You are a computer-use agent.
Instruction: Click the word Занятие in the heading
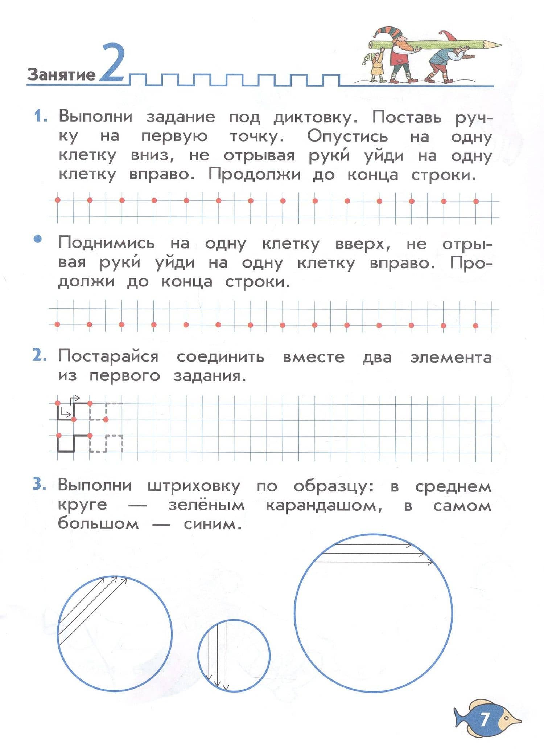[61, 74]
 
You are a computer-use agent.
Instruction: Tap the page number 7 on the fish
[485, 719]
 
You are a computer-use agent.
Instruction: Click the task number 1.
[40, 117]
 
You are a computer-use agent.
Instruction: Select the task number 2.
[39, 356]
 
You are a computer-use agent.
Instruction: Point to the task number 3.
[39, 485]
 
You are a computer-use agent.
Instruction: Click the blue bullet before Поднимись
[38, 240]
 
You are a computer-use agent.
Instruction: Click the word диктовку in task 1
[316, 118]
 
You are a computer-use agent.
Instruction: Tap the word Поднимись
[107, 243]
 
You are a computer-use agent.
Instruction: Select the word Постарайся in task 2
[108, 356]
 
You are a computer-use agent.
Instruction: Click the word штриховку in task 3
[194, 486]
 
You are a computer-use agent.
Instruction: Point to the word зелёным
[206, 505]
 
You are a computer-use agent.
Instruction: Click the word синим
[213, 524]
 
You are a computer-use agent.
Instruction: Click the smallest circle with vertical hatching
[234, 656]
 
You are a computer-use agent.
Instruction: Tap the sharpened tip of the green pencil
[497, 45]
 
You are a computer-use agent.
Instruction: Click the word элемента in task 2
[451, 357]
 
